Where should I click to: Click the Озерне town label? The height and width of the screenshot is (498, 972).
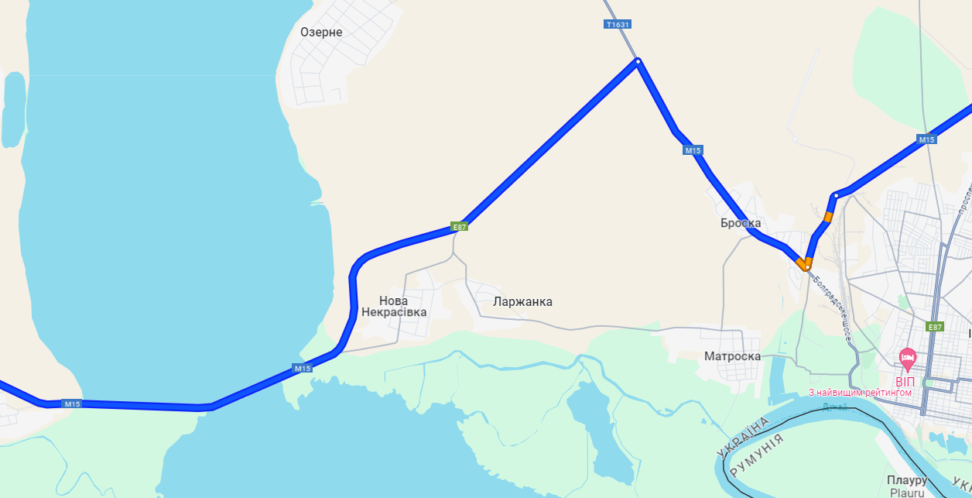[x=321, y=33]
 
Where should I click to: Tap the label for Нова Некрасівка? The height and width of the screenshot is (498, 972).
[x=393, y=306]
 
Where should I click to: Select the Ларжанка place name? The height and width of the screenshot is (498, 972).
[x=523, y=301]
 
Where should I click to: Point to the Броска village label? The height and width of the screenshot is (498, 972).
[x=741, y=223]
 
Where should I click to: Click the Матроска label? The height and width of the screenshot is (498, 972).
[x=732, y=356]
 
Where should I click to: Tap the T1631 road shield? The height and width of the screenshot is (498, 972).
[x=618, y=24]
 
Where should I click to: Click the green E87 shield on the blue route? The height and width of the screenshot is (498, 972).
[x=460, y=227]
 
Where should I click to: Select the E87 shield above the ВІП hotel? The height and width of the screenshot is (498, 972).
[x=935, y=327]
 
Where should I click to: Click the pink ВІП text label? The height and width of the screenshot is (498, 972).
[x=905, y=381]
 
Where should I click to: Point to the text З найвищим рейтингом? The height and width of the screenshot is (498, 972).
[x=860, y=393]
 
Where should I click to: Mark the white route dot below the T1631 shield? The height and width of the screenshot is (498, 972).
[x=638, y=61]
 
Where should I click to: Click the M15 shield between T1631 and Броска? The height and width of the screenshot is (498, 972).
[x=693, y=150]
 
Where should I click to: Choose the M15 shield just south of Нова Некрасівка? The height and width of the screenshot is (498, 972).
[x=303, y=369]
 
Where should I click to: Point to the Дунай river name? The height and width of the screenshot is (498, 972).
[x=835, y=406]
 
